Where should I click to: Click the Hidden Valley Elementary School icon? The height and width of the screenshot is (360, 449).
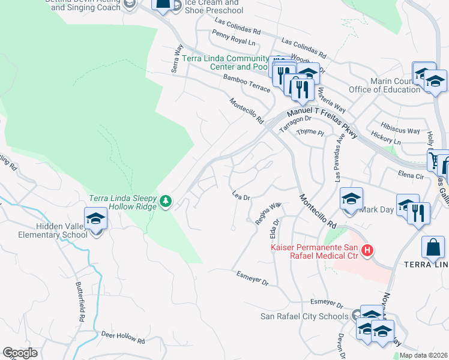95,219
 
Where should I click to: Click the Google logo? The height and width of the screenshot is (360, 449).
20,353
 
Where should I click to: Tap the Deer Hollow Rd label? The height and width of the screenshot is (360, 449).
123,337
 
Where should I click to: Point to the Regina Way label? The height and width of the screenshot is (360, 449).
268,214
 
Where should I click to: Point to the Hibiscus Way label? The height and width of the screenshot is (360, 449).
401,130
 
